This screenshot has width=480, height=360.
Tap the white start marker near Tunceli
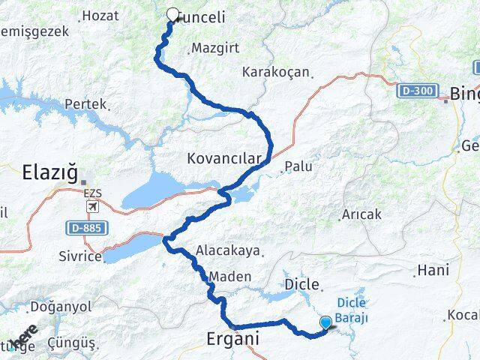[x=173, y=14]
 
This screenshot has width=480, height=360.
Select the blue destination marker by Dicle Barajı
[x=326, y=323]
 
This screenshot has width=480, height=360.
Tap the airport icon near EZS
[x=92, y=206]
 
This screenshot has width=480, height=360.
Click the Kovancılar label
[x=224, y=159]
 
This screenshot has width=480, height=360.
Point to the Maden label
[x=230, y=277]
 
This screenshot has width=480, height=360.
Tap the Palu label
[x=299, y=166]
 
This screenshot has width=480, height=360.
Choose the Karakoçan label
[x=276, y=73]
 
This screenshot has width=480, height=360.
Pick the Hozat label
[x=100, y=15]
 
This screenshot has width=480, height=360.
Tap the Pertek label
[x=85, y=103]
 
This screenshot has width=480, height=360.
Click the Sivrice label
[x=79, y=256]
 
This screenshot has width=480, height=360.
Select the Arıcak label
[x=361, y=214]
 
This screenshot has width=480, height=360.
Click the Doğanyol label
[x=60, y=307]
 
